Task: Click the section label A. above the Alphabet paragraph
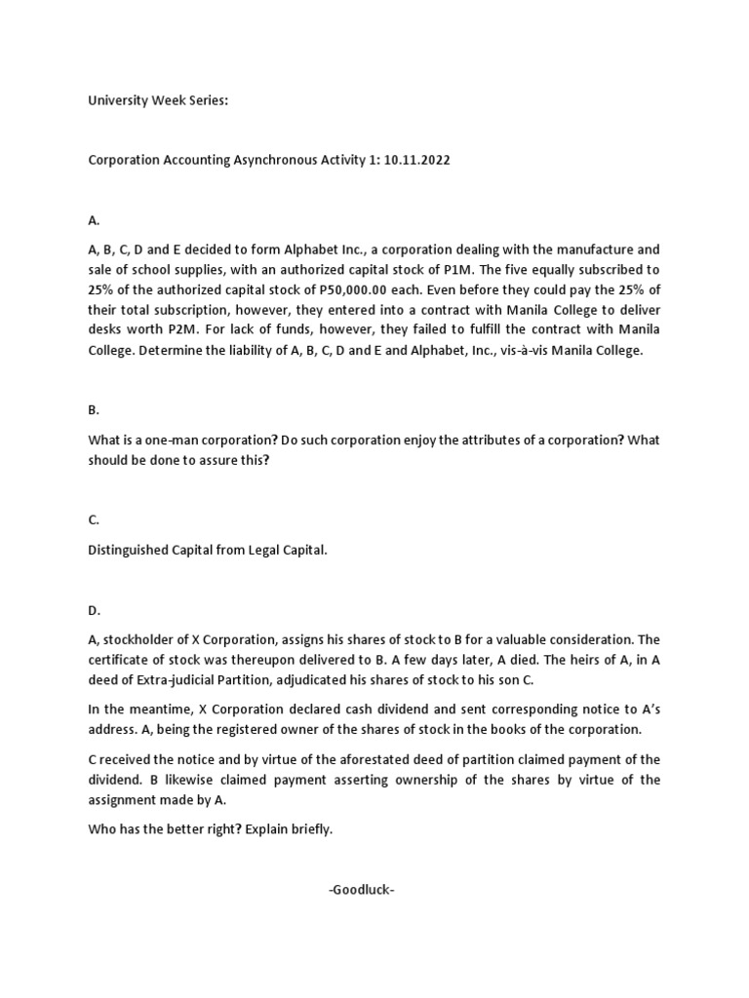point(94,221)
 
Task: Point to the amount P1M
point(572,269)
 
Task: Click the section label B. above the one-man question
point(94,411)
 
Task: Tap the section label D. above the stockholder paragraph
point(95,611)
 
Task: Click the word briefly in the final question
point(308,830)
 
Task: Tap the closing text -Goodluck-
point(361,890)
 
